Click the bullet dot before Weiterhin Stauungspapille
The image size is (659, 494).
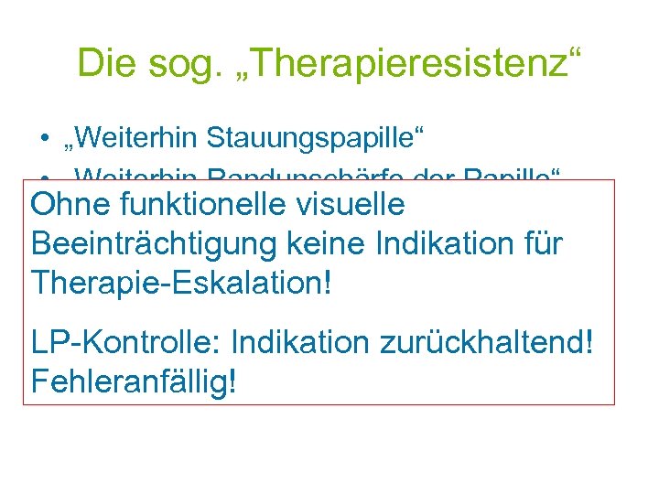(x=44, y=140)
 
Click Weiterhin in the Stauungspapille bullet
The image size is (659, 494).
(x=137, y=139)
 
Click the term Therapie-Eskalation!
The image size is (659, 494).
(x=180, y=283)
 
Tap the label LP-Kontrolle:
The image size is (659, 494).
(x=126, y=343)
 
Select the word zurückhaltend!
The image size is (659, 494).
(x=482, y=343)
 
